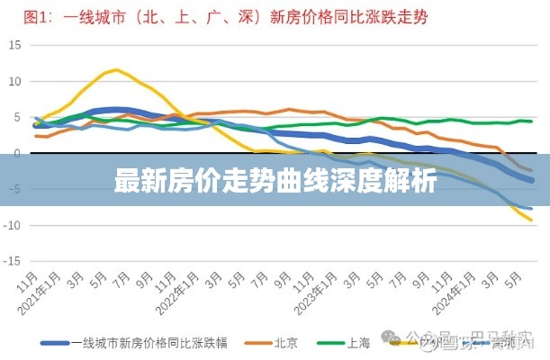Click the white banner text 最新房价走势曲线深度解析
275,183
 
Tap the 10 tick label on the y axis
14,81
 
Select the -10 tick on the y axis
13,225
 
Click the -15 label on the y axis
13,261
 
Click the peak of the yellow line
115,68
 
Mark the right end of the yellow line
531,220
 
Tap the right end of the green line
531,121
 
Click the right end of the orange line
531,170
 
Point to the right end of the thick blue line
532,180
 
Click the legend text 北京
285,342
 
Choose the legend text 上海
358,342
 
